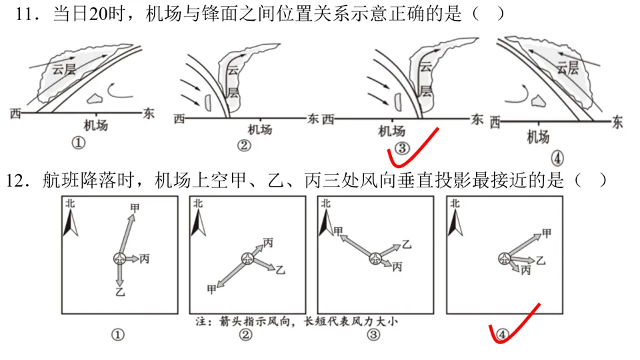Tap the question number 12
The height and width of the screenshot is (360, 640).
pyautogui.click(x=19, y=180)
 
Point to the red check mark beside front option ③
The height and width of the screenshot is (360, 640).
pyautogui.click(x=413, y=148)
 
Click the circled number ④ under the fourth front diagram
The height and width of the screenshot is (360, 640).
pyautogui.click(x=558, y=158)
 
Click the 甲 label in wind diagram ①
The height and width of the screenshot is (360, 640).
pyautogui.click(x=135, y=208)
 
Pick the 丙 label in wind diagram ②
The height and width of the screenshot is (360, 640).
pyautogui.click(x=268, y=243)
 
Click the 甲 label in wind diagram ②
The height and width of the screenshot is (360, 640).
pyautogui.click(x=212, y=289)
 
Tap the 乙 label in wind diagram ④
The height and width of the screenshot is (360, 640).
pyautogui.click(x=541, y=260)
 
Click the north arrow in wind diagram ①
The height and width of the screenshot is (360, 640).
pyautogui.click(x=69, y=223)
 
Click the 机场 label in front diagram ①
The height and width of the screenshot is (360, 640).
pyautogui.click(x=95, y=125)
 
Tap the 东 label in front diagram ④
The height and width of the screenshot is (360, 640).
pyautogui.click(x=617, y=123)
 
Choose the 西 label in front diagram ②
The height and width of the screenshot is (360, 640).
pyautogui.click(x=179, y=119)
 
